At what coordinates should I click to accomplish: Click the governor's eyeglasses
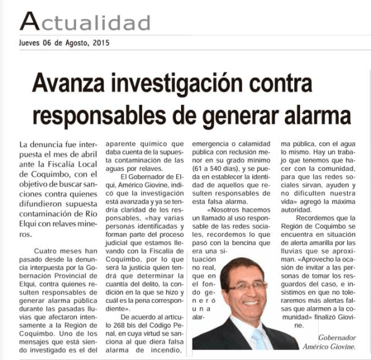pos(248,286)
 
